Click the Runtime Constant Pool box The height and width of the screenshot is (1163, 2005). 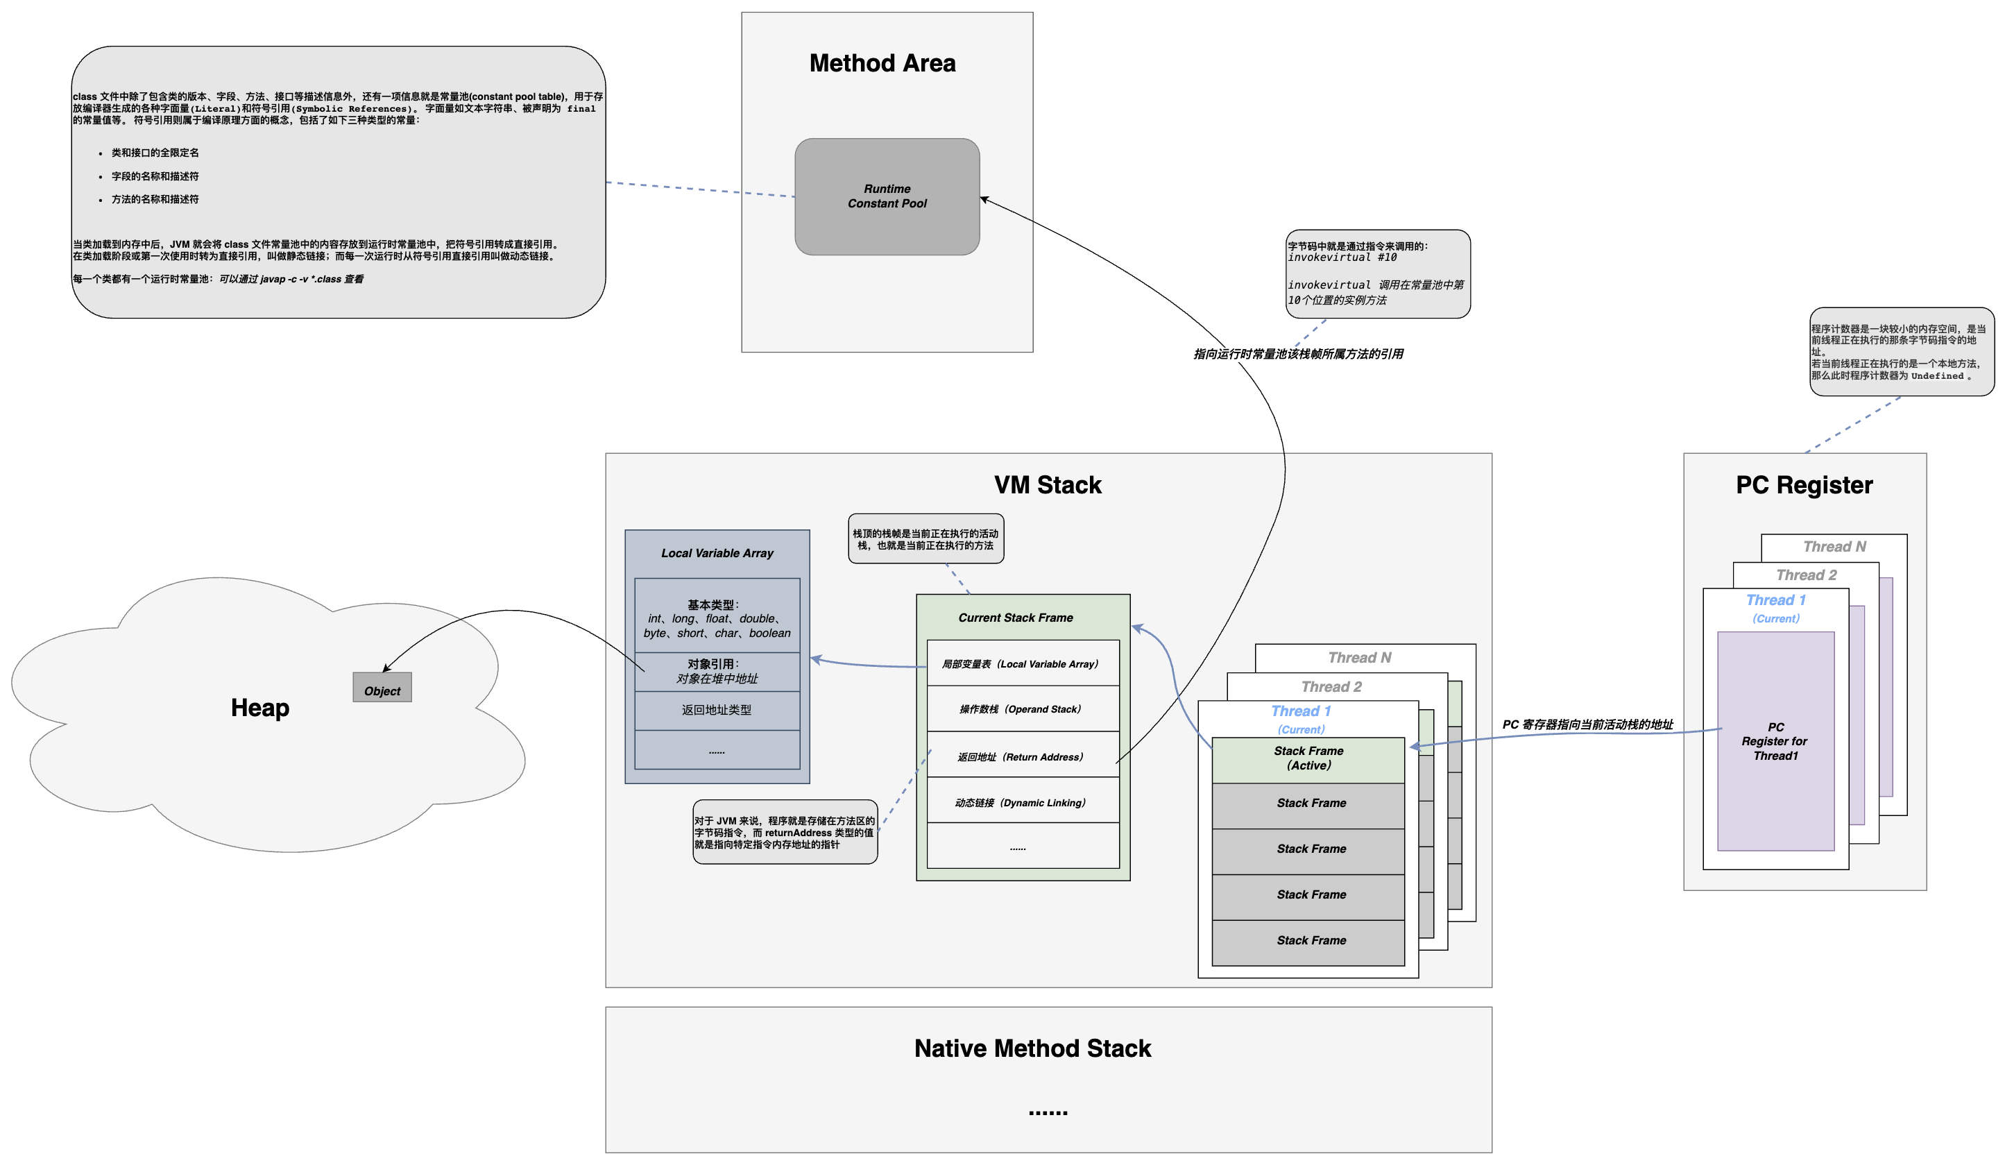tap(887, 196)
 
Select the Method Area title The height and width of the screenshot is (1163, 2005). tap(882, 63)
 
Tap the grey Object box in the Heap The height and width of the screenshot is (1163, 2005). tap(382, 688)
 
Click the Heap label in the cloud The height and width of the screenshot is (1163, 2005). tap(260, 708)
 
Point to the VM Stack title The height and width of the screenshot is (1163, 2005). tap(1048, 485)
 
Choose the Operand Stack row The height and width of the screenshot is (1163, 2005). tap(1023, 708)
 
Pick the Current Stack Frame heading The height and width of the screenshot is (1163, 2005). tap(1015, 618)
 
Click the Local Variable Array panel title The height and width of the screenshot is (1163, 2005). tap(717, 553)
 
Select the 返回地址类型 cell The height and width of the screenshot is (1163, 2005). tap(717, 710)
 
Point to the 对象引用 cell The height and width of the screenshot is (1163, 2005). tap(717, 672)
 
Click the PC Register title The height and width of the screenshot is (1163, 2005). tap(1804, 485)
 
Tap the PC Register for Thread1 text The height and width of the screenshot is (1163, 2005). tap(1775, 741)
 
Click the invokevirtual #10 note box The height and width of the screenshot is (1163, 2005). tap(1378, 274)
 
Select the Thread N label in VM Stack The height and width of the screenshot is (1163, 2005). tap(1360, 658)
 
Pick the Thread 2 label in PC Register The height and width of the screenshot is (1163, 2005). tap(1806, 575)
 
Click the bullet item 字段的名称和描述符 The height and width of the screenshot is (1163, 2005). tap(155, 176)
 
